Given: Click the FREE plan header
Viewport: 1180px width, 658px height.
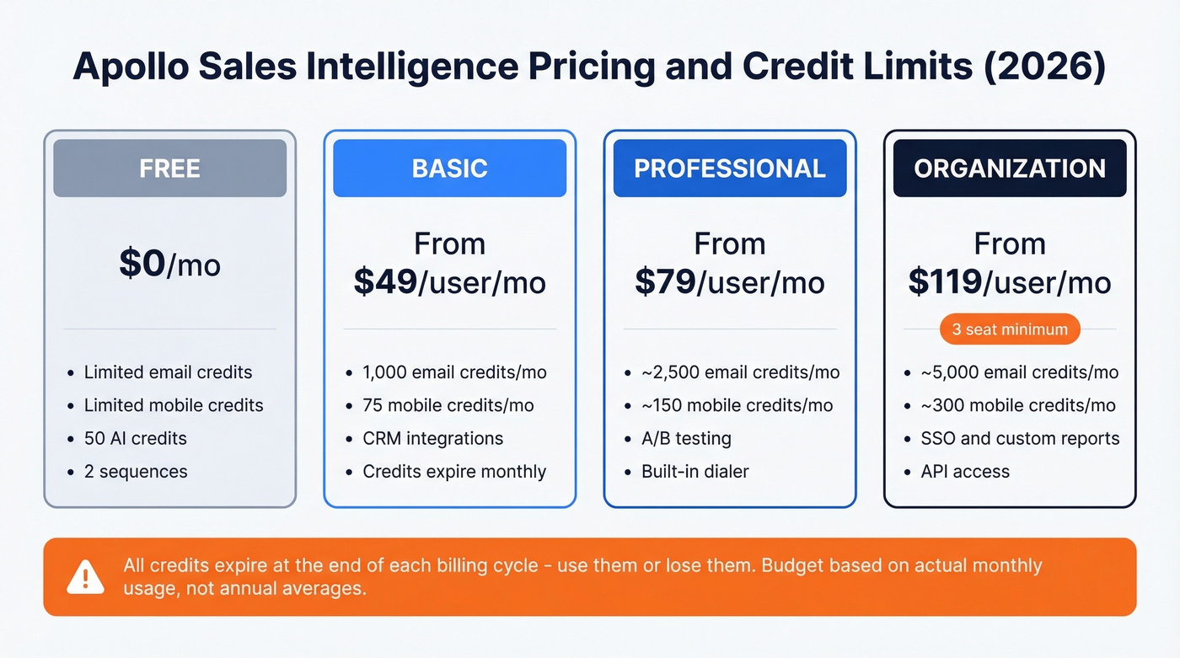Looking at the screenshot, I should (x=169, y=168).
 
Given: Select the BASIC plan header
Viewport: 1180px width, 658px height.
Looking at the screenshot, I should (x=449, y=168).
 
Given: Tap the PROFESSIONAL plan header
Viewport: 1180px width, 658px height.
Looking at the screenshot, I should (x=729, y=168).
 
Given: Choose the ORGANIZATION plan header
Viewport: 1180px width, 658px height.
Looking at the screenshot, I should (x=1010, y=168).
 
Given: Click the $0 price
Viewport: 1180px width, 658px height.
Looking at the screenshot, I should (x=142, y=264).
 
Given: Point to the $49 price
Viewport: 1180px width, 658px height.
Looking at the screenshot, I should (x=386, y=282).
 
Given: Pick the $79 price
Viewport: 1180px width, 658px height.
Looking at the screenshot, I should (x=665, y=282).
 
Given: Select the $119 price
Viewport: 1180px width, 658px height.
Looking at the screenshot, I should (x=945, y=282).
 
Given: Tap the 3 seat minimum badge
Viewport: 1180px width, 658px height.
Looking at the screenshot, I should (x=1010, y=329).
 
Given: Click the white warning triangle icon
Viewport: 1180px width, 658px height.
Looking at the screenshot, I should (x=85, y=576).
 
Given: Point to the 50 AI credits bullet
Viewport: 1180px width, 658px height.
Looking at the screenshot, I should (x=135, y=438).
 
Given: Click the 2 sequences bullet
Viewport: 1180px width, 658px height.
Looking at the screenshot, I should (x=135, y=471).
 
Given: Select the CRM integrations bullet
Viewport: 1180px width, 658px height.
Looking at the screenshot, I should (x=432, y=438).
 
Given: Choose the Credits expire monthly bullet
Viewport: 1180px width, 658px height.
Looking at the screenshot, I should (x=454, y=471).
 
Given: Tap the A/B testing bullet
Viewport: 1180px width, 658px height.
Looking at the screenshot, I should (x=686, y=438).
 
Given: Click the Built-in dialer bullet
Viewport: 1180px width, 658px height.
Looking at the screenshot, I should (x=695, y=471).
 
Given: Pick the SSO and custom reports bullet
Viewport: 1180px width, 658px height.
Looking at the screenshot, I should (x=1020, y=438).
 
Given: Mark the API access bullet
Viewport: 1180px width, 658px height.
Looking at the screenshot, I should (x=965, y=471).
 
